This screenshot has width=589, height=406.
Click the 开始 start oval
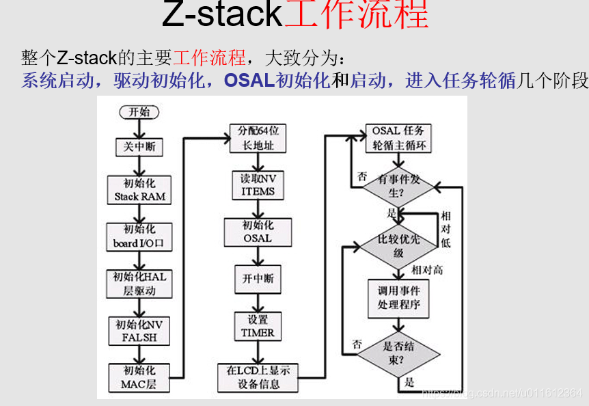coord(139,111)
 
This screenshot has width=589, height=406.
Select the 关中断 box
coord(139,146)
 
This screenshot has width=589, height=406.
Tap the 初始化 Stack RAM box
coord(139,190)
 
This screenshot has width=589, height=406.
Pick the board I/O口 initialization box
coord(139,236)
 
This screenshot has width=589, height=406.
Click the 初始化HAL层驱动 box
coord(139,284)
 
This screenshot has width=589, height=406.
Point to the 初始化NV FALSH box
coord(139,331)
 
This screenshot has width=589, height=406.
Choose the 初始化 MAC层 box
coord(139,377)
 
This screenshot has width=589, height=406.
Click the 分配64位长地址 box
coord(257,139)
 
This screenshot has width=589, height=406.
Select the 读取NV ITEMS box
coord(257,185)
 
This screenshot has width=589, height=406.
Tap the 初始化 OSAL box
coord(257,232)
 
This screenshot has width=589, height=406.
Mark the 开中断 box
coord(257,279)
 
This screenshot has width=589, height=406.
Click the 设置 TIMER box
coord(257,326)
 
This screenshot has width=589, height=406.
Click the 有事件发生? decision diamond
coord(397,185)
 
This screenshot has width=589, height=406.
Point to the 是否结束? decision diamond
coord(398,353)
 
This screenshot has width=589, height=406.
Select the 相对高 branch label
coord(426,269)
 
